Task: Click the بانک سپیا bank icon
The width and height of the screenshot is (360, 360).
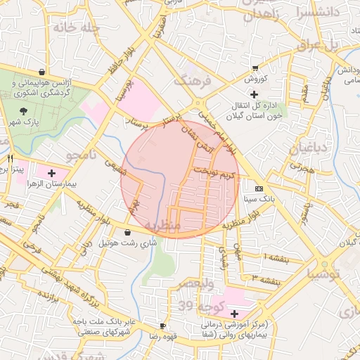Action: coord(259,189)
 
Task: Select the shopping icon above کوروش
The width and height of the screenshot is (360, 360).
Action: coord(254,68)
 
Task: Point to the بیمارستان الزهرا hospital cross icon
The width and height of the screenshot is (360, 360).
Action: coord(51,172)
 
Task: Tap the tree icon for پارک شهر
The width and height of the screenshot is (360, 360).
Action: coord(24,111)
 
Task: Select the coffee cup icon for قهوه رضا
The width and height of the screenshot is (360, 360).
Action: coord(162,326)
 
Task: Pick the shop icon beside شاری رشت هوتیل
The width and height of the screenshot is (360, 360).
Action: coord(127,232)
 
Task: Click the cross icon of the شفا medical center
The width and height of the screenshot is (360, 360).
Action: coord(234,313)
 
